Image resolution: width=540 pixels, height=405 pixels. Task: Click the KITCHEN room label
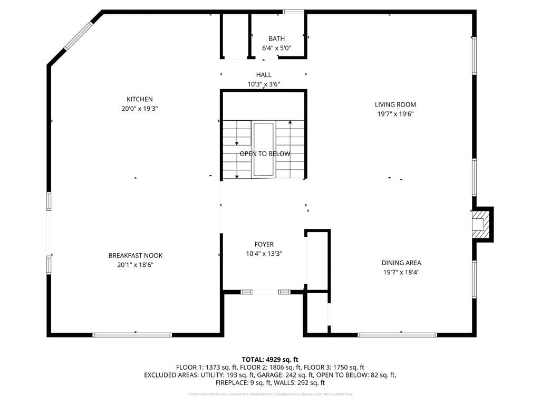pos(139,99)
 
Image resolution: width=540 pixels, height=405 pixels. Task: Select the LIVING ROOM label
pos(395,104)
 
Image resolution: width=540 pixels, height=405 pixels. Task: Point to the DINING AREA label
pos(401,263)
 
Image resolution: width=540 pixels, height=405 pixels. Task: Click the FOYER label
pos(264,244)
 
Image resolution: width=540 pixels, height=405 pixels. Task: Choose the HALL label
pos(264,75)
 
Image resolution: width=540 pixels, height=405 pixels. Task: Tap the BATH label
pos(276,38)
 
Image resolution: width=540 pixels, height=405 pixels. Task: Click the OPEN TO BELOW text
pos(265,154)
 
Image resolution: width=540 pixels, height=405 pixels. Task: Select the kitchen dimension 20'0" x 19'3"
pos(139,109)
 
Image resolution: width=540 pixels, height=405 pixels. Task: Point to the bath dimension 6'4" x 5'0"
pos(276,48)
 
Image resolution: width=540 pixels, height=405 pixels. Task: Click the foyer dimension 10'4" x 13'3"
pos(264,254)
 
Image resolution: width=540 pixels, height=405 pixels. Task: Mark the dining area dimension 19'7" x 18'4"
pos(401,272)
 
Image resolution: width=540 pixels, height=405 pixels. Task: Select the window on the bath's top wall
pos(293,12)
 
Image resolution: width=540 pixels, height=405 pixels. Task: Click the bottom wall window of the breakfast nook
pos(132,334)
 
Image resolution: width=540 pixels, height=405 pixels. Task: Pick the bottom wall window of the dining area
pos(397,334)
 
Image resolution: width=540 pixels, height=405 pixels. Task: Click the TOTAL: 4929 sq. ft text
pos(270,359)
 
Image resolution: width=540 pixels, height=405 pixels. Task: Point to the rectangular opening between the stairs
pos(263,149)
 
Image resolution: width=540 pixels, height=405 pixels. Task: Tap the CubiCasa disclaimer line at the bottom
pos(270,394)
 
